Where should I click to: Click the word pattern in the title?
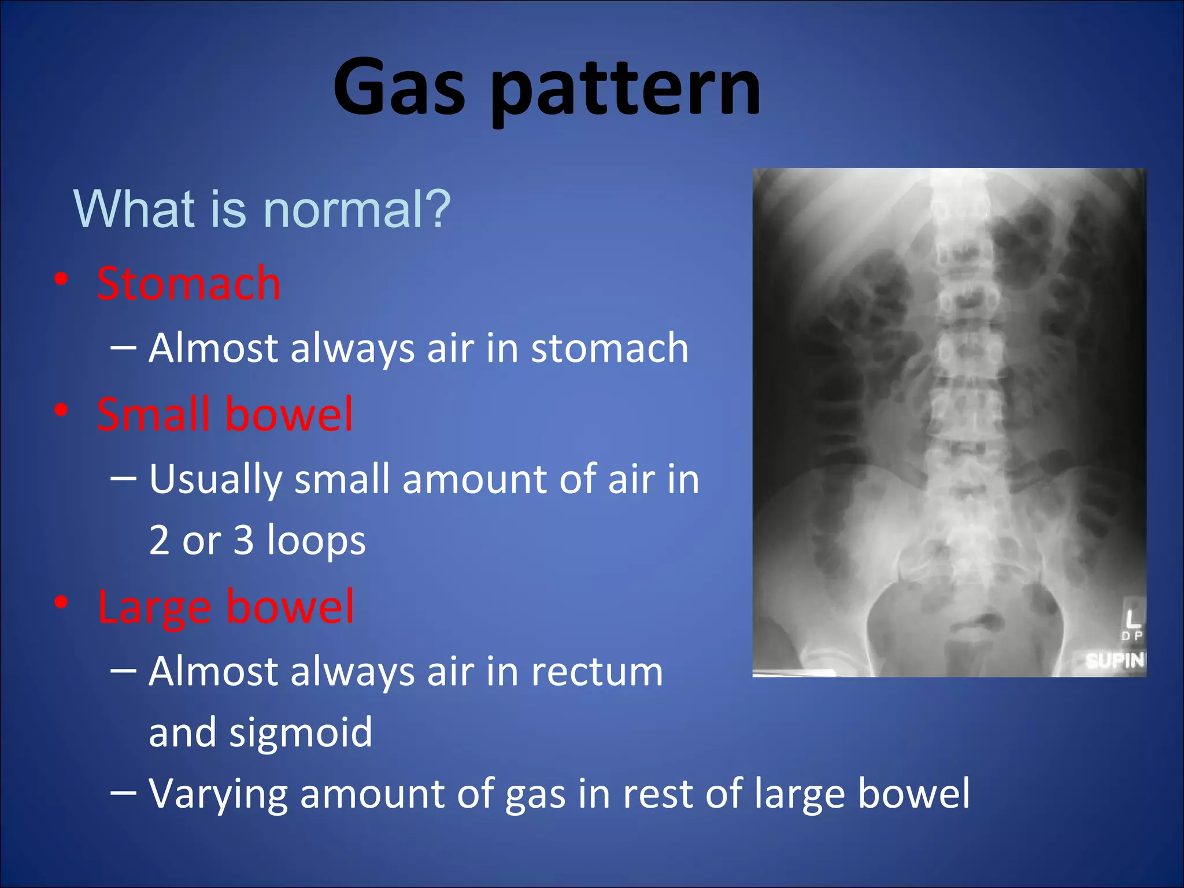click(627, 90)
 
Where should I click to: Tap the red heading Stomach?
click(188, 283)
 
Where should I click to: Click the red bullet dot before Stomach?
click(61, 279)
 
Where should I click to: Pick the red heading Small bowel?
click(225, 414)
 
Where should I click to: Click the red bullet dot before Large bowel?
click(61, 602)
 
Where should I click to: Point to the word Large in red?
click(154, 607)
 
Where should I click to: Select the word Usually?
click(216, 480)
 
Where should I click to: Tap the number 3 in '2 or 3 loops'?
click(243, 540)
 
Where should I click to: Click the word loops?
click(316, 540)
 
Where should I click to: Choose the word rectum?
click(597, 672)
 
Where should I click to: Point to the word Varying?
click(218, 794)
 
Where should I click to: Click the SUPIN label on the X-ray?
click(1115, 660)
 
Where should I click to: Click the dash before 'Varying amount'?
click(123, 793)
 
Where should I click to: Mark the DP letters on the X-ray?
click(1132, 636)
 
